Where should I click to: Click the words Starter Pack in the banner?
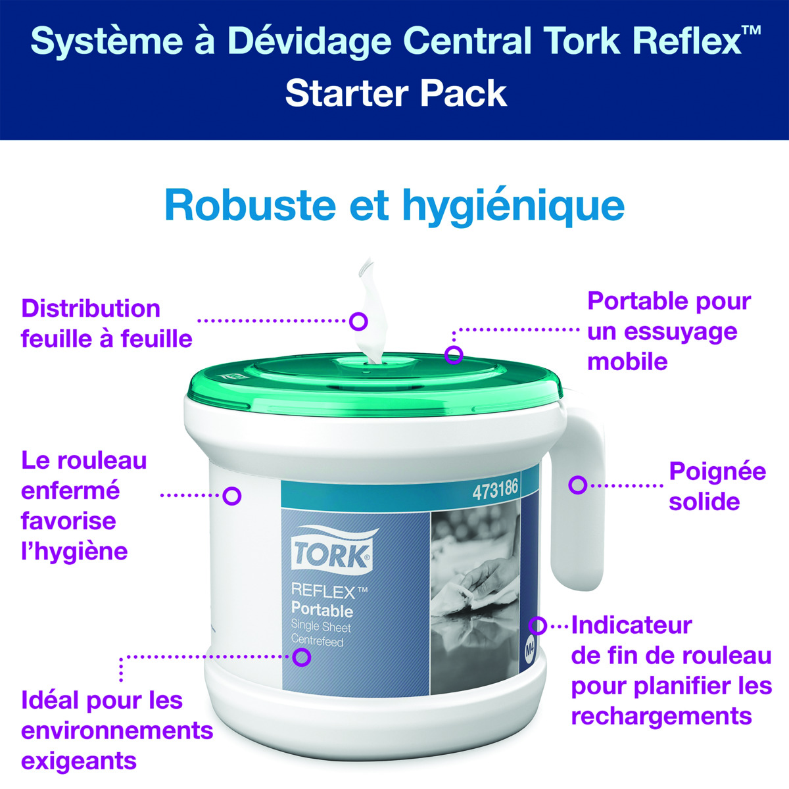coord(396,94)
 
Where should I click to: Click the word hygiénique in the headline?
coord(514,207)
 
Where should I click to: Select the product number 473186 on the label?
coord(495,489)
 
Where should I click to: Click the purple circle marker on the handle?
coord(577,485)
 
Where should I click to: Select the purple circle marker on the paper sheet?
coord(358,322)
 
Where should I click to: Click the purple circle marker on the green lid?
coord(454,354)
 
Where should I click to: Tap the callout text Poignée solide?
coord(717,486)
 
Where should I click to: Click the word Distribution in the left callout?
coord(91,308)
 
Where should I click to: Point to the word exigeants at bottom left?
coord(79,761)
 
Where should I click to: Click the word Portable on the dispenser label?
coord(322,610)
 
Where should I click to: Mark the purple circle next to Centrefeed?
coord(302,657)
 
